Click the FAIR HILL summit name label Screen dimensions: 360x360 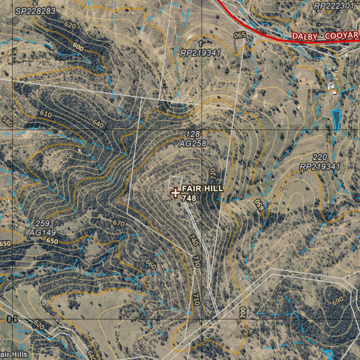202,189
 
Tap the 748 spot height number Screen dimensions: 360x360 189,198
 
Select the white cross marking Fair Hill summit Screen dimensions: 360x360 175,193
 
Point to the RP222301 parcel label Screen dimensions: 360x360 333,6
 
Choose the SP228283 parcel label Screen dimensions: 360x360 35,11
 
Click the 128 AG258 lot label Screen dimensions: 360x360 192,139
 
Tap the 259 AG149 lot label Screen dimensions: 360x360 43,228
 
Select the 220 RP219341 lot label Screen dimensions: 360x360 320,162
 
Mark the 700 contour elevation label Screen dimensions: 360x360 243,312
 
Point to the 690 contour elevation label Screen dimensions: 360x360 337,300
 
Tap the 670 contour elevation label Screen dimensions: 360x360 119,223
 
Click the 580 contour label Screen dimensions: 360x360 7,122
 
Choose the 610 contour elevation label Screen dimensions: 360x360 46,114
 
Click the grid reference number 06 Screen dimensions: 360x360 12,319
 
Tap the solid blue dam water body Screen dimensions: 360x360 336,119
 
